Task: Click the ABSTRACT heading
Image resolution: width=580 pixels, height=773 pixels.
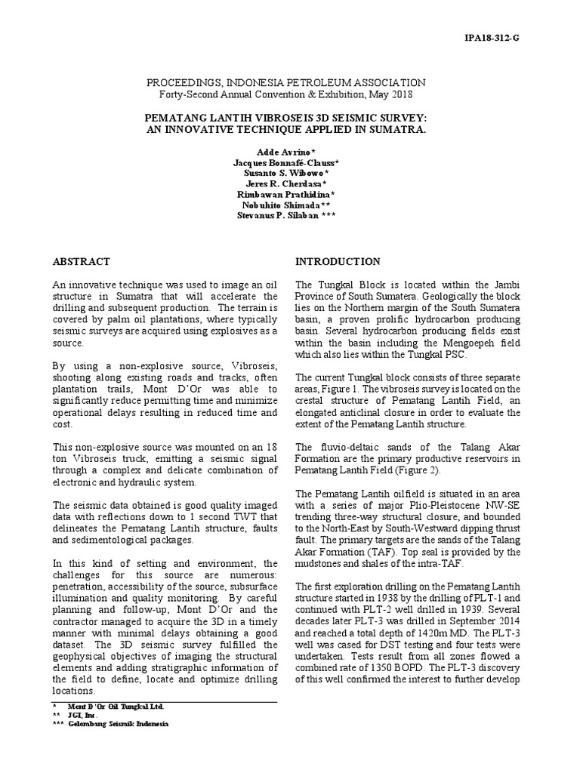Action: coord(81,262)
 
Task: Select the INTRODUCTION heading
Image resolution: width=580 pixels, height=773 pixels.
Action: coord(338,262)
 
